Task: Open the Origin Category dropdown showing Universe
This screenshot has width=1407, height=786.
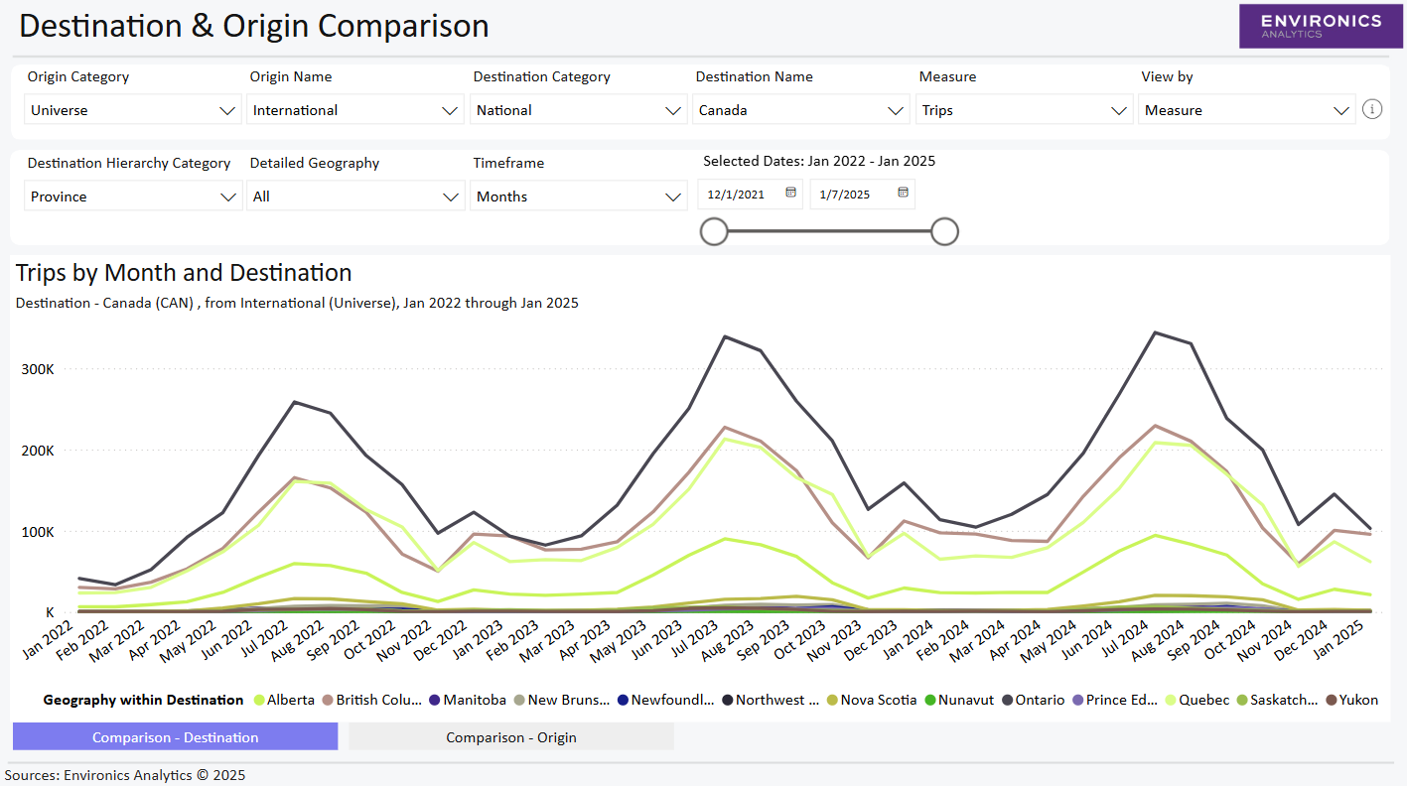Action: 132,110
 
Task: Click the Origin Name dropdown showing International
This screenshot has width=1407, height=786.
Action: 354,110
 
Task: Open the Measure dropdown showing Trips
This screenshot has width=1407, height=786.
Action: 1024,110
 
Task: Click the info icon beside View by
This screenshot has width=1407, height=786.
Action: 1372,109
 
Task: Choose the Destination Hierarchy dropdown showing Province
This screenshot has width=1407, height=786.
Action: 132,196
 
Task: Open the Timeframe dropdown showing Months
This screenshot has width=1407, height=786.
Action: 578,196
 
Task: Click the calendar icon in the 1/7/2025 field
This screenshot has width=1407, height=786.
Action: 903,194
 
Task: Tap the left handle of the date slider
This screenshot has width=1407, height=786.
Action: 714,231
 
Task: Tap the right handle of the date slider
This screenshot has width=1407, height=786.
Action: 944,231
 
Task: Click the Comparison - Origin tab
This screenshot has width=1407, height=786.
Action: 510,737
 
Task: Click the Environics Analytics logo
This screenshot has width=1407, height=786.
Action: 1320,26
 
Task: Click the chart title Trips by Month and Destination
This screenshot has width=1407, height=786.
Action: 184,273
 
